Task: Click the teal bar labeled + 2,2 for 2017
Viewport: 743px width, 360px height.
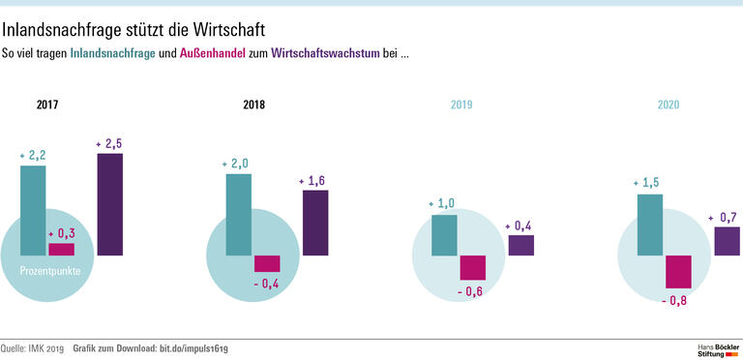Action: (33, 210)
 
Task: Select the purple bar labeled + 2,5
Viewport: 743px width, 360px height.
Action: (110, 204)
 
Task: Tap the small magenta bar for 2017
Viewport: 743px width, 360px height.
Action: (61, 249)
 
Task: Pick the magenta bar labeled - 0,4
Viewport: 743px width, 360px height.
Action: (267, 263)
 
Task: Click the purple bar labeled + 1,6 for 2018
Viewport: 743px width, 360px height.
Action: (315, 223)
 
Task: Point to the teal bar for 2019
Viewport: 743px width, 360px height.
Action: (444, 235)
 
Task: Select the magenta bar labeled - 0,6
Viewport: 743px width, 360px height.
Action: (472, 268)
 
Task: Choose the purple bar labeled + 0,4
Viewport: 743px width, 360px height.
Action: (520, 245)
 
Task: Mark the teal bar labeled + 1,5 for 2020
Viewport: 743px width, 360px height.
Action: (649, 225)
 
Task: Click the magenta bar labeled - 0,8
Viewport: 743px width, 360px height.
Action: (678, 272)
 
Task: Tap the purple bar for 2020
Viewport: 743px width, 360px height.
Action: (727, 241)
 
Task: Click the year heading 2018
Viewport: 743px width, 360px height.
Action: (253, 105)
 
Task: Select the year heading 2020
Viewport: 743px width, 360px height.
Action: (668, 105)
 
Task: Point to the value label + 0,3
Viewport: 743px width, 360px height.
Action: (62, 233)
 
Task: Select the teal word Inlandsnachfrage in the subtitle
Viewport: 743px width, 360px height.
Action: (112, 52)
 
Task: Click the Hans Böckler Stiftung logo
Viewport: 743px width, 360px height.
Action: (718, 348)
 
